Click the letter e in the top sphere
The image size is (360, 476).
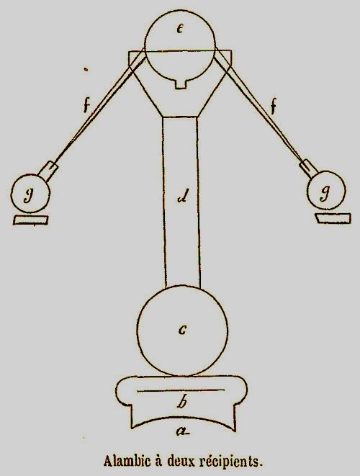[x=180, y=29]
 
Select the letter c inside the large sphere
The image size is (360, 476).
[x=182, y=330]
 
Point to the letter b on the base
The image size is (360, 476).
[x=182, y=402]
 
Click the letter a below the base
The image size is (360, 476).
[x=183, y=431]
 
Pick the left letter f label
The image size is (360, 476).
[x=87, y=107]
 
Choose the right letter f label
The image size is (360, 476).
[x=274, y=107]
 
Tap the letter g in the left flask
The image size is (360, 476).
[x=29, y=195]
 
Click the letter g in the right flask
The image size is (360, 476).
[x=325, y=194]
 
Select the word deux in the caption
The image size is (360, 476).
[x=181, y=462]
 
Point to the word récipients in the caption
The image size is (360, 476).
[x=231, y=462]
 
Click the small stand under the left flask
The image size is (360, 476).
[x=31, y=220]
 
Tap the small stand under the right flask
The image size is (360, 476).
[x=333, y=218]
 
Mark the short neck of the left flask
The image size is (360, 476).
[x=48, y=170]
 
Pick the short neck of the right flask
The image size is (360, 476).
[x=308, y=169]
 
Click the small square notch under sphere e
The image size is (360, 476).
[x=181, y=84]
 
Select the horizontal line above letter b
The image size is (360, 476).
[x=181, y=390]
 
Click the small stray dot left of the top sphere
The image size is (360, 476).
[x=86, y=70]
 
